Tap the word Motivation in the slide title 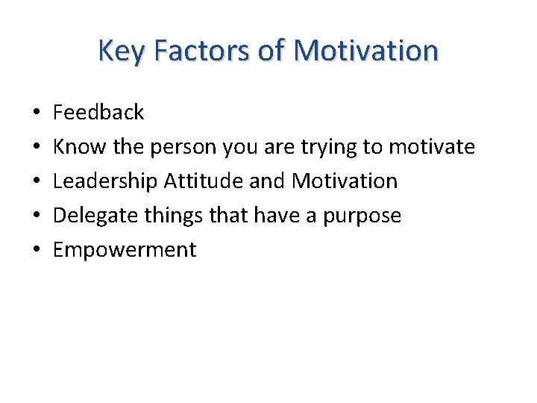[x=365, y=51]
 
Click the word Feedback [x=98, y=113]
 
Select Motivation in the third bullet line [x=345, y=181]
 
